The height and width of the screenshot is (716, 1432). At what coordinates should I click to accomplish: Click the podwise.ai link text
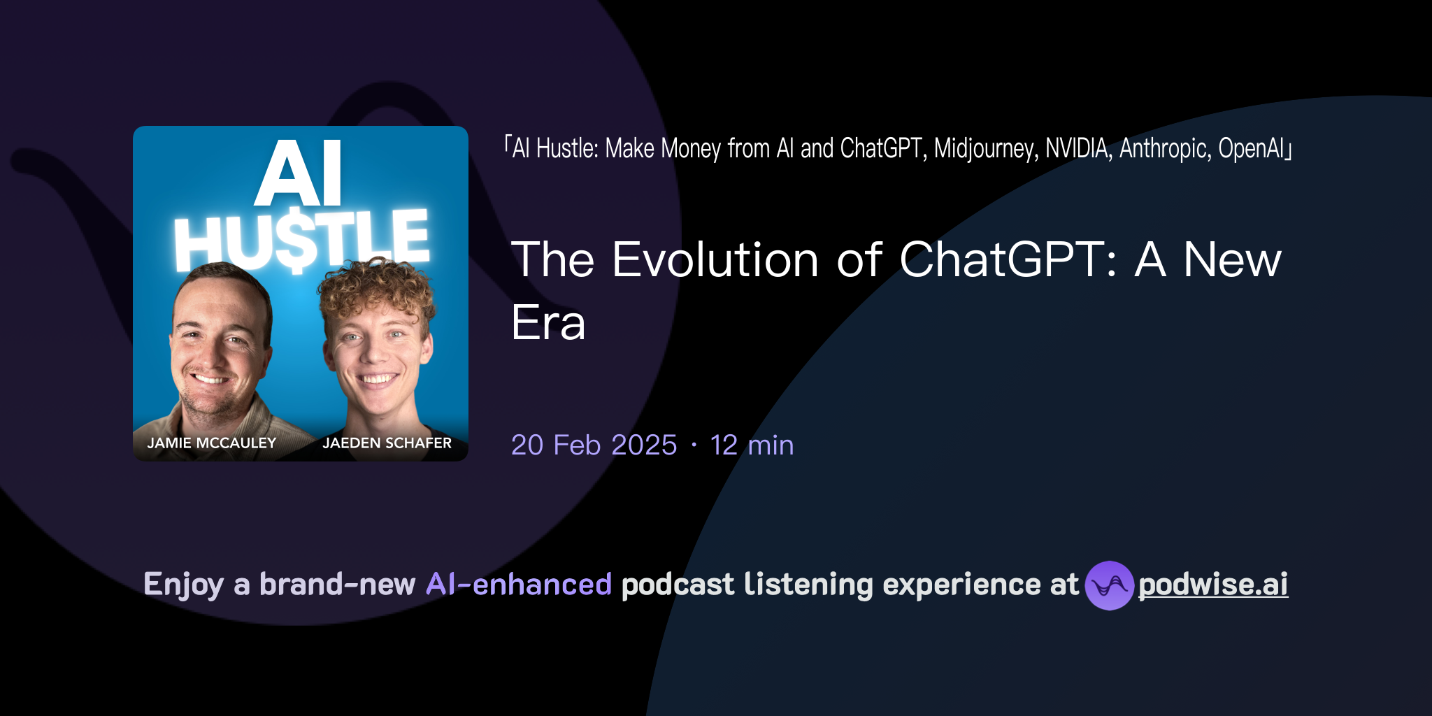1213,585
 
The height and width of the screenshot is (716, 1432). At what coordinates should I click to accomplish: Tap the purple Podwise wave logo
1109,585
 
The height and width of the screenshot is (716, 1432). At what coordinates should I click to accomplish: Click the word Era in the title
548,323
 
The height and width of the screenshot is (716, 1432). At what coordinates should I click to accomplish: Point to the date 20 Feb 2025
594,445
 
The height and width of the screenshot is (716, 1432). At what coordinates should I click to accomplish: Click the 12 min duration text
752,445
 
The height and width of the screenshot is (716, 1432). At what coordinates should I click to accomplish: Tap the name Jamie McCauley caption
211,443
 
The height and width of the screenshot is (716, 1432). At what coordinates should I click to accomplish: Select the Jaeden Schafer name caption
387,443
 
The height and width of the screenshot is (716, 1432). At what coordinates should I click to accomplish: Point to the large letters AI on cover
299,173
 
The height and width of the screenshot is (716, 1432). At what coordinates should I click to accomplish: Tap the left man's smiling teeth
210,380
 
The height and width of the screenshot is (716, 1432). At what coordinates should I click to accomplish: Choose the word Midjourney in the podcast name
986,149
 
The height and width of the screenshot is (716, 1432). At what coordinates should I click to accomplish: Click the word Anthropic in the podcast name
1165,149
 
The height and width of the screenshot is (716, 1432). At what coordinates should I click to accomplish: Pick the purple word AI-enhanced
519,585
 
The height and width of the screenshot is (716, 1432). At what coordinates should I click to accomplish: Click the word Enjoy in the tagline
183,585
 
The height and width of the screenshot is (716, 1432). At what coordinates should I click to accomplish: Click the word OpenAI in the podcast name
1252,149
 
